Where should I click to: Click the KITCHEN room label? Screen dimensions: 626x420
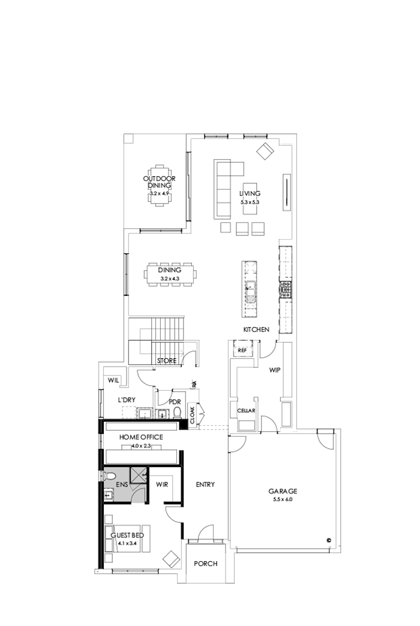pyautogui.click(x=256, y=329)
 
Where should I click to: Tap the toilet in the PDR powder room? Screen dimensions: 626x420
pyautogui.click(x=177, y=412)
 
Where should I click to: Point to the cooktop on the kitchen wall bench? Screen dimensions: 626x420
pyautogui.click(x=286, y=289)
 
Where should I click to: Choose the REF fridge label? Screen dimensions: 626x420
pyautogui.click(x=242, y=350)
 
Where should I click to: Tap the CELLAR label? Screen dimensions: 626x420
pyautogui.click(x=246, y=410)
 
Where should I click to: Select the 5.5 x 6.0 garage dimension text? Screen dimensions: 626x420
pyautogui.click(x=282, y=499)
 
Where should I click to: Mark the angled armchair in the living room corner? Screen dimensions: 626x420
pyautogui.click(x=265, y=151)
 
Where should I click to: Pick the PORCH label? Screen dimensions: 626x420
pyautogui.click(x=206, y=564)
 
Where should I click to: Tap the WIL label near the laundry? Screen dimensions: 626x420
pyautogui.click(x=113, y=380)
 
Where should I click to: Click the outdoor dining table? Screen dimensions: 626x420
pyautogui.click(x=159, y=186)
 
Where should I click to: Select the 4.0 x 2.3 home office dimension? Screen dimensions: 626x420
pyautogui.click(x=141, y=445)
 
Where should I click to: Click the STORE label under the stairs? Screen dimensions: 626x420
pyautogui.click(x=167, y=361)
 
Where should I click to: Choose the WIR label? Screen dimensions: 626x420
pyautogui.click(x=161, y=484)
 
